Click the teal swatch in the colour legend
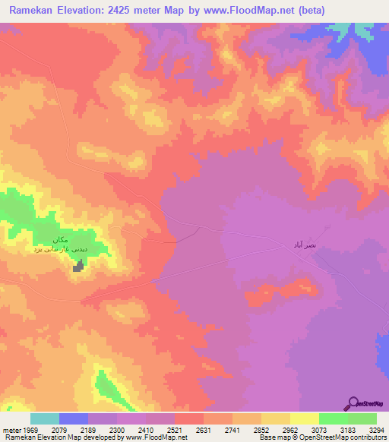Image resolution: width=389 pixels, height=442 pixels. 45,418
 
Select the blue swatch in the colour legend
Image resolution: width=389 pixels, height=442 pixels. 74,418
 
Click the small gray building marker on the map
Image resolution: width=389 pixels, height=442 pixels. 77,266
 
